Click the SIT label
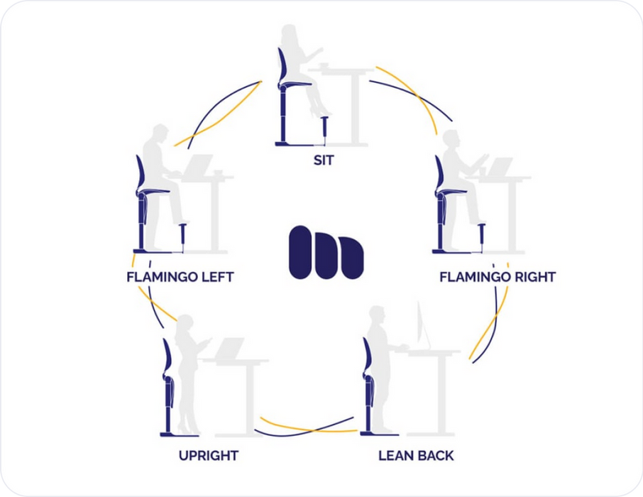(323, 160)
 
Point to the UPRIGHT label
(208, 455)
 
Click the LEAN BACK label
(417, 455)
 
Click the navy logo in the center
(326, 251)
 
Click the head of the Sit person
(290, 36)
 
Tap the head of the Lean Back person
(378, 315)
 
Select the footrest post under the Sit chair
(326, 129)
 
